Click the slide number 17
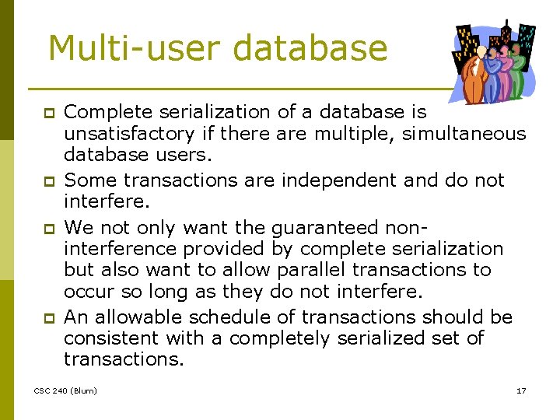[521, 390]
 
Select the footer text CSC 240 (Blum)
[65, 390]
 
